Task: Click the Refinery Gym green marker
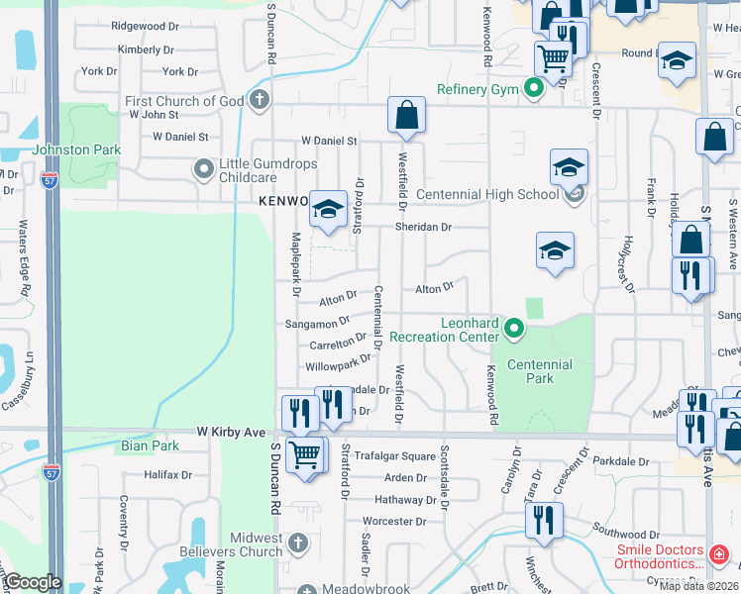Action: coord(535,89)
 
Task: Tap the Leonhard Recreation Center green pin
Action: coord(513,327)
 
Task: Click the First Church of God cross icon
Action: coord(260,100)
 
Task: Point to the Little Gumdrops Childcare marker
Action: coord(204,169)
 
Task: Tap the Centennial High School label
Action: coord(487,194)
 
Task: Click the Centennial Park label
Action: coord(540,371)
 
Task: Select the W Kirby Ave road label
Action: coord(231,433)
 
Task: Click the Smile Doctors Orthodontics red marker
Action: coord(719,554)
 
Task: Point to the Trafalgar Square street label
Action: coord(394,456)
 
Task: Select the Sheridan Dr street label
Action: coord(424,227)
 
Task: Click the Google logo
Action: coord(33,582)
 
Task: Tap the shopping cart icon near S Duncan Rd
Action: coord(305,456)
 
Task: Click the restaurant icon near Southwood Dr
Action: coord(544,518)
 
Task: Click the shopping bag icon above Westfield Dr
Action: coord(407,116)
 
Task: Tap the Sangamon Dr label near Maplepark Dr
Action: coord(317,322)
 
